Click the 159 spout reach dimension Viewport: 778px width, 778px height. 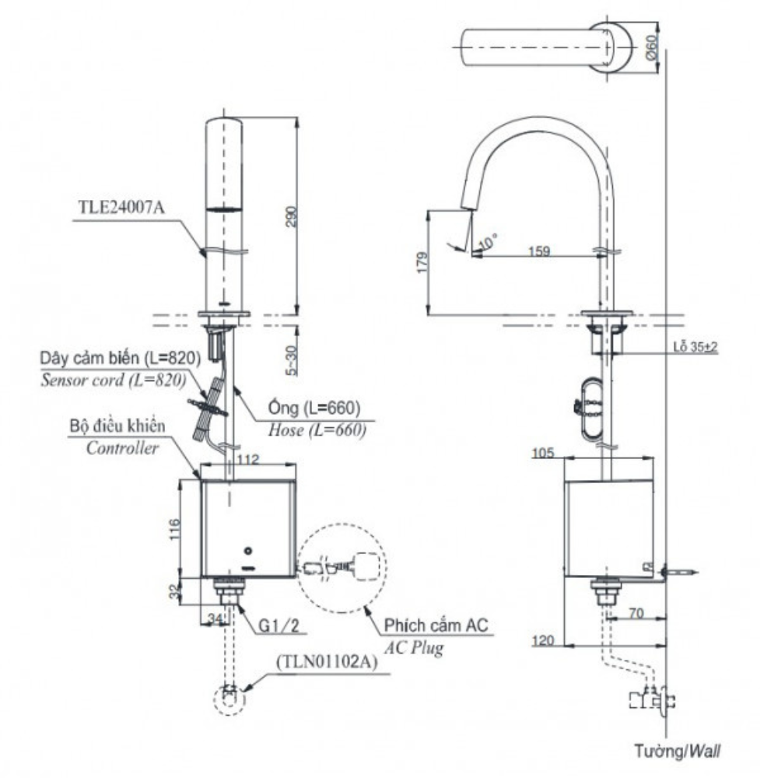(540, 251)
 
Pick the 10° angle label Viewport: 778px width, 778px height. (488, 244)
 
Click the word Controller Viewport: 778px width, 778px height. (122, 448)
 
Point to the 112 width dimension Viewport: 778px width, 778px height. (247, 460)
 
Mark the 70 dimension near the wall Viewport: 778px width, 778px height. (636, 613)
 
